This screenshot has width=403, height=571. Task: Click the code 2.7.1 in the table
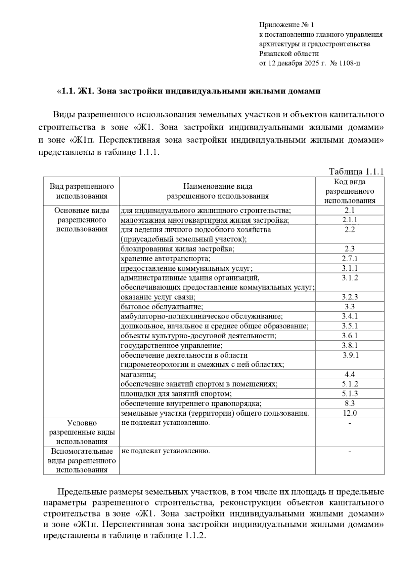point(350,258)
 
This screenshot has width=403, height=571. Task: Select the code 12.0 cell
point(350,413)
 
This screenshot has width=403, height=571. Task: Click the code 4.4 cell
point(350,374)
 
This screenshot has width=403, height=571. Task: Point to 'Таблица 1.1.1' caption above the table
point(356,172)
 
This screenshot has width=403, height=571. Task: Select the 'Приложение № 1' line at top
point(286,25)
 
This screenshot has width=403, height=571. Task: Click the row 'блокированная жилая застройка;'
point(177,249)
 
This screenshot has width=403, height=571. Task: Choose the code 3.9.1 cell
point(351,355)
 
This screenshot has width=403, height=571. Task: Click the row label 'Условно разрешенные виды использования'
point(82,432)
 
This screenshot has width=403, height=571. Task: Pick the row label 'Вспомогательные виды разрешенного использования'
point(82,460)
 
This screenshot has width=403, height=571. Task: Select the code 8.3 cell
point(350,403)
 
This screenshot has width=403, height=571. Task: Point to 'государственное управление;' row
point(172,345)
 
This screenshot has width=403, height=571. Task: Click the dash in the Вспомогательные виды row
point(350,451)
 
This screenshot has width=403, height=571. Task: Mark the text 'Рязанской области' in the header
point(289,53)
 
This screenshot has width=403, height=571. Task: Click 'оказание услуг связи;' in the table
point(158,297)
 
